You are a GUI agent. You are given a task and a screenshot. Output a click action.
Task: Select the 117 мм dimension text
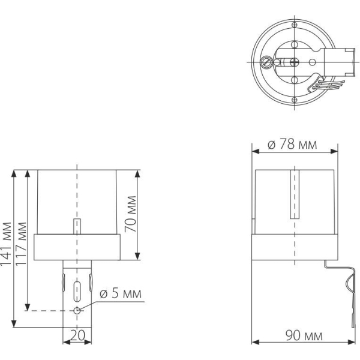coord(22,241)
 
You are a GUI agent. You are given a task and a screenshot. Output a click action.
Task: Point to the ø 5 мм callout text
coord(120,294)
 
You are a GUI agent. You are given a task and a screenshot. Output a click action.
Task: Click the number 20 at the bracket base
coord(76,336)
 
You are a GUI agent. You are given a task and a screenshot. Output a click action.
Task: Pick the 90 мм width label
coord(301,336)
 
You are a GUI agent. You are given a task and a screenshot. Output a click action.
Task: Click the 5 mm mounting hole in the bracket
coord(77,310)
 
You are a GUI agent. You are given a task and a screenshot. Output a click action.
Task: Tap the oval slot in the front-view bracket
coord(76,292)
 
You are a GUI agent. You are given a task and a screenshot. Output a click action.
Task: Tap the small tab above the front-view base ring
coord(76,227)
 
